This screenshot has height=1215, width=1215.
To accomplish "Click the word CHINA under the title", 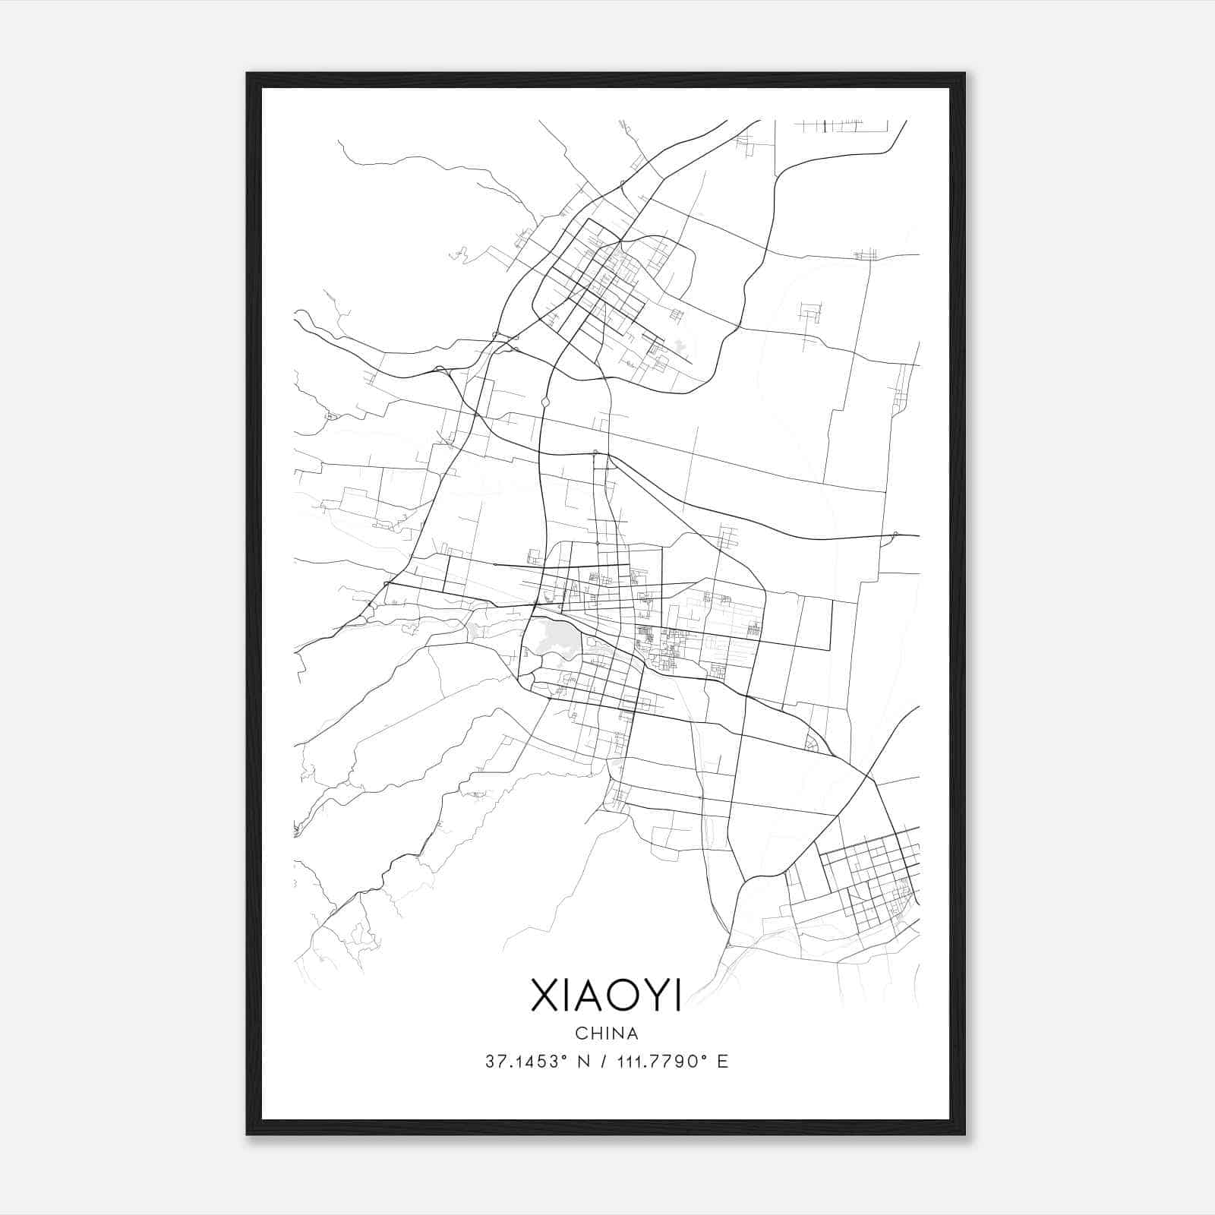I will (607, 1034).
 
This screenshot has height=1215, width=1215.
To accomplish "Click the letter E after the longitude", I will (722, 1062).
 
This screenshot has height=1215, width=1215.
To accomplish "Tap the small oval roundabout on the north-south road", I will (545, 401).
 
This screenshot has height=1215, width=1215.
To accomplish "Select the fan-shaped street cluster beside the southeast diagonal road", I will (812, 743).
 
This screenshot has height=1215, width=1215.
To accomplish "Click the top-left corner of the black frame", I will (248, 74).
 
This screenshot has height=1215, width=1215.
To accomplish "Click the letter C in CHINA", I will (580, 1034).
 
